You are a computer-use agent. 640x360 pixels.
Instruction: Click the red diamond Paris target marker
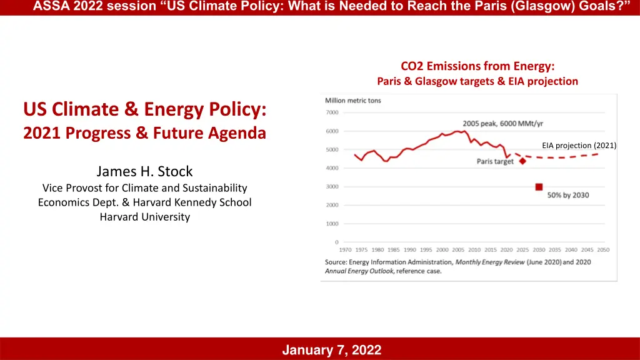tap(522, 161)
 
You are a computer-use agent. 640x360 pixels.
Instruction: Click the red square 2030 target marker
tap(539, 187)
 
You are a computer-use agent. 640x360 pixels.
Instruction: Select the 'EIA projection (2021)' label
tap(579, 146)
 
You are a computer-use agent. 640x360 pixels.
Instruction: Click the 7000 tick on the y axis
tap(332, 112)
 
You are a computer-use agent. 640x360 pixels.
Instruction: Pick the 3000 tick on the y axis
tap(332, 186)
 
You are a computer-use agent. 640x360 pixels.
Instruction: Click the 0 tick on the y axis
tap(337, 242)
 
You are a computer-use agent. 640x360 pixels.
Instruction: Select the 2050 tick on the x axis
tap(603, 250)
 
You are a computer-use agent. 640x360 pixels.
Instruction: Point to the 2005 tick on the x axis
tap(458, 250)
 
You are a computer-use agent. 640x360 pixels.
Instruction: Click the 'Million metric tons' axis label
tap(353, 101)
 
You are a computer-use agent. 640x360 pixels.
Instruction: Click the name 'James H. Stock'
tap(144, 171)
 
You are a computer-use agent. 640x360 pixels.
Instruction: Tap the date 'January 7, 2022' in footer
tap(331, 350)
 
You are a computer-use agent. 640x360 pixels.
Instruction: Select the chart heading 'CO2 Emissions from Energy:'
tap(477, 66)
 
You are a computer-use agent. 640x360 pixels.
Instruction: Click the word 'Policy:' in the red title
tap(237, 109)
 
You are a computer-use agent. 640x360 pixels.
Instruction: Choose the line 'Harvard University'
tap(144, 217)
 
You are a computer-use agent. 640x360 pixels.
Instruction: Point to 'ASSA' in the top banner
tap(49, 7)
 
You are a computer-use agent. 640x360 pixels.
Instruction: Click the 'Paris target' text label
tap(494, 161)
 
